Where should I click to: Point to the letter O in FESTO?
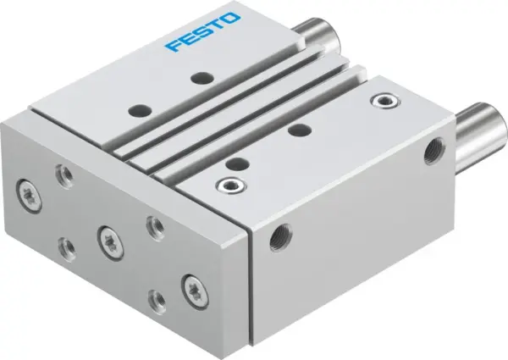click(235, 19)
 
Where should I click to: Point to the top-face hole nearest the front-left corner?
click(137, 110)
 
